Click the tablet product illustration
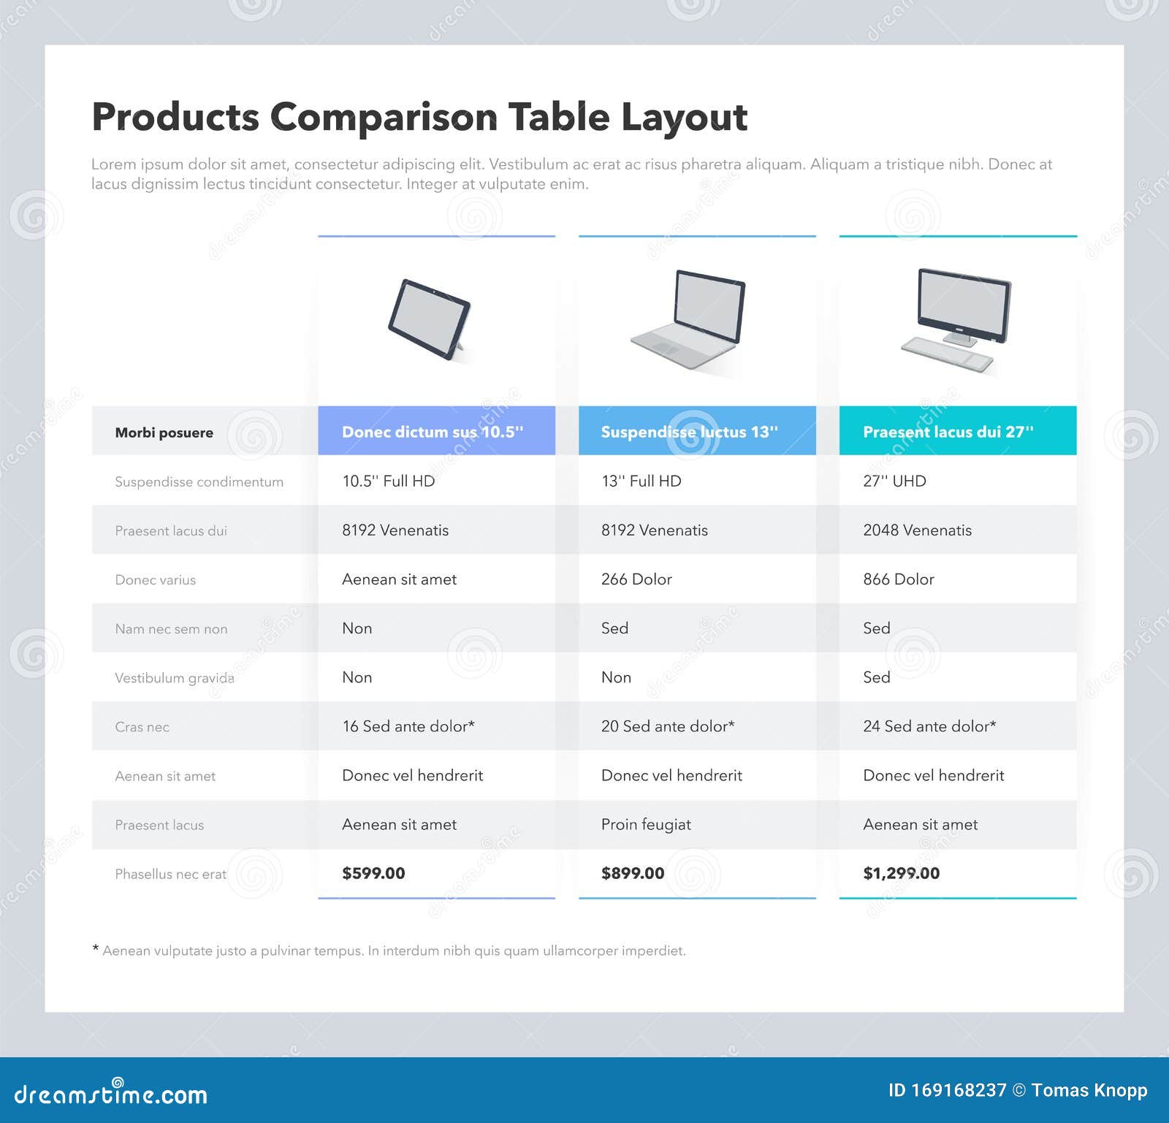tap(430, 319)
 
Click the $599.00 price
tap(373, 873)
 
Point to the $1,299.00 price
tap(901, 873)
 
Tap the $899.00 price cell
tap(633, 873)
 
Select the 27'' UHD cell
tap(894, 481)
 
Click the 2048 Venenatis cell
tap(917, 530)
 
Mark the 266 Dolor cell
tap(636, 579)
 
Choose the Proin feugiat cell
tap(646, 824)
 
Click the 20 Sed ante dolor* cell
tap(668, 726)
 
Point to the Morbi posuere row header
tap(164, 433)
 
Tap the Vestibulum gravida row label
tap(175, 678)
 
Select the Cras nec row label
tap(142, 727)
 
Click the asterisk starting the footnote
tap(96, 949)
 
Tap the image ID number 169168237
tap(958, 1091)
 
